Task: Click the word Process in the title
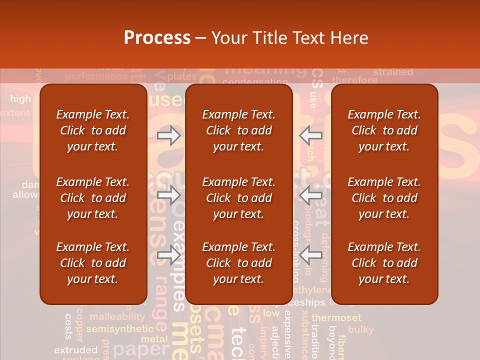[157, 38]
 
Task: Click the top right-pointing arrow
[169, 135]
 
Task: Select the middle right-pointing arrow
[169, 195]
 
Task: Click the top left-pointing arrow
[311, 135]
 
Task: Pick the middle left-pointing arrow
[311, 195]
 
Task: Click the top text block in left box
[92, 130]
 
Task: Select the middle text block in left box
[92, 198]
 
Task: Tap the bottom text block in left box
[92, 263]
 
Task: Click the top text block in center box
[238, 130]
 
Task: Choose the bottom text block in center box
[238, 263]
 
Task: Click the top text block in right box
[384, 130]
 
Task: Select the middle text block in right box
[384, 198]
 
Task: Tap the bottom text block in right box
[384, 263]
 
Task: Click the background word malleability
[117, 316]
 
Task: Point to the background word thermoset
[336, 318]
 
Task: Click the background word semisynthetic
[119, 329]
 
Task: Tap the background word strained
[393, 72]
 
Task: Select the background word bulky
[360, 329]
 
